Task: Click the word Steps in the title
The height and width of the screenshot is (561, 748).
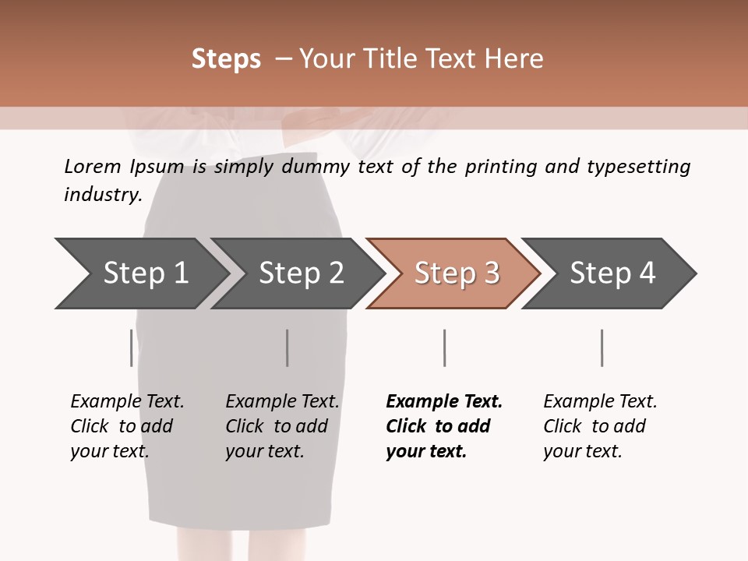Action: pyautogui.click(x=226, y=59)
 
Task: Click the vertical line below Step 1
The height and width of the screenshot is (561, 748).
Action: pyautogui.click(x=131, y=348)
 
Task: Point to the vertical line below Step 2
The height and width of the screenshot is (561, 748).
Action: pyautogui.click(x=288, y=348)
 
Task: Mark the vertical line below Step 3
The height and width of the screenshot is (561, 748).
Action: pyautogui.click(x=444, y=348)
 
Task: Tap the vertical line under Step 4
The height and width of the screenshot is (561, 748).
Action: pyautogui.click(x=602, y=348)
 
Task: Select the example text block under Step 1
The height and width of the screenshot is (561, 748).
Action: pyautogui.click(x=127, y=425)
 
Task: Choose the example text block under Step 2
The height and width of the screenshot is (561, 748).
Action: pyautogui.click(x=282, y=425)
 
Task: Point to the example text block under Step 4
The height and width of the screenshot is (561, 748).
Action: pyautogui.click(x=600, y=425)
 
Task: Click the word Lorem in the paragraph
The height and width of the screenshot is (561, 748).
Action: pyautogui.click(x=93, y=167)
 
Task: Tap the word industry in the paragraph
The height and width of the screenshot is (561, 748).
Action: pyautogui.click(x=103, y=195)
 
